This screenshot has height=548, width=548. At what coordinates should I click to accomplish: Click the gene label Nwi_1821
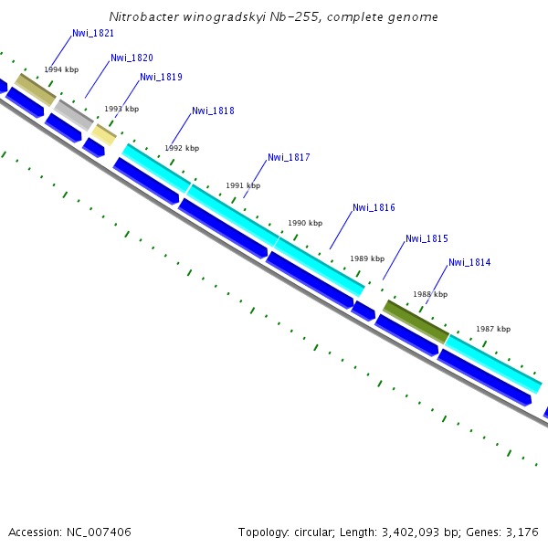pos(93,33)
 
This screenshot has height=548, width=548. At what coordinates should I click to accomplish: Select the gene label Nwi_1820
pos(132,58)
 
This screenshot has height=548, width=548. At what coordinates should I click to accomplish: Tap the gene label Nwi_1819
pos(161,78)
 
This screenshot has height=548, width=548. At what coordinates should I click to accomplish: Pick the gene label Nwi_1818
pos(213,111)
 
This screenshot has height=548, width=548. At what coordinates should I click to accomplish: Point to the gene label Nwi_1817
pos(289,158)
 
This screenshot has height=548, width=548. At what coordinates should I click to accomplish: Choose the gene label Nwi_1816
pos(374,208)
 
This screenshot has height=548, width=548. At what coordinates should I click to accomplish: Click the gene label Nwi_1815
pos(427,239)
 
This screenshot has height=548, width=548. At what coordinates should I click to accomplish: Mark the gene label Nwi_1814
pos(469,263)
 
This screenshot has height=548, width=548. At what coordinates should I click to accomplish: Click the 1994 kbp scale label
pos(61,69)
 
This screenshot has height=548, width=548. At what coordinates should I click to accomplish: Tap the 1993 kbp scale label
pos(121,109)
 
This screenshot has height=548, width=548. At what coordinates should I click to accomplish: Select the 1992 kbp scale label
pos(182,148)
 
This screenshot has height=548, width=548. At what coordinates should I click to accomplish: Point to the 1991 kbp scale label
pos(243,185)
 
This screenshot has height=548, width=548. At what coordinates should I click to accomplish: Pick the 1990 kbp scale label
pos(305,223)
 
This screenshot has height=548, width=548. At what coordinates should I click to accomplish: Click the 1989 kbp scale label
pos(367,258)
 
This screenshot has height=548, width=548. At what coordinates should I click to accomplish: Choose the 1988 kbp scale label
pos(430,294)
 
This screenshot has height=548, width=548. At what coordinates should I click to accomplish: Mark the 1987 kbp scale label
pos(493,329)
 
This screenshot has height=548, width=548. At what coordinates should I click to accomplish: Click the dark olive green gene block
pos(416,321)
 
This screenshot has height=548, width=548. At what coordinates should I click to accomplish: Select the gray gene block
pos(73,114)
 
